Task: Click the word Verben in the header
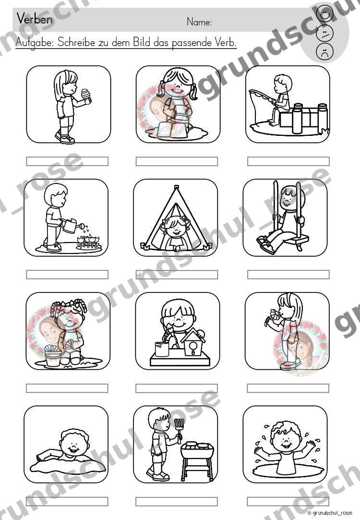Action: point(35,19)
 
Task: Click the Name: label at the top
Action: point(199,22)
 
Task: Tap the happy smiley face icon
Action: point(324,13)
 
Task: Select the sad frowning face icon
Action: point(324,52)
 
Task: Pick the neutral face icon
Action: point(324,33)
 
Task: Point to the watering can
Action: point(72,226)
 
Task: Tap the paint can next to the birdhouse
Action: point(162,349)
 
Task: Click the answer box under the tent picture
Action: point(177,275)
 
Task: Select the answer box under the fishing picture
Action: point(288,161)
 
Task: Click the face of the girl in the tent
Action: point(176,227)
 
